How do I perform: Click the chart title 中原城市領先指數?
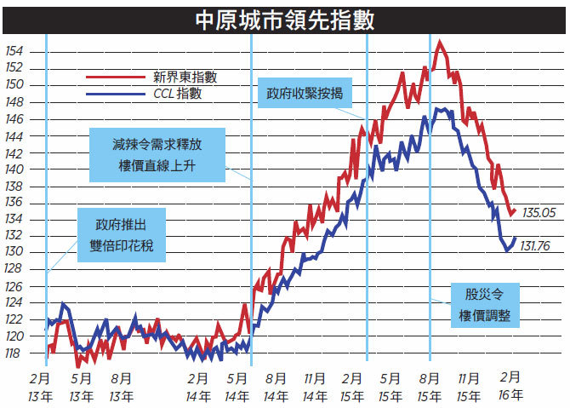(285, 20)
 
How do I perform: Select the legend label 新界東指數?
(185, 77)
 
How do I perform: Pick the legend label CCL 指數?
(178, 94)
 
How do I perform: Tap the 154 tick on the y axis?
(14, 51)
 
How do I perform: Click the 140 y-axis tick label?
(14, 170)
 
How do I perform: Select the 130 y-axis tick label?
(14, 251)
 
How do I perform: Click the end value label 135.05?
(539, 213)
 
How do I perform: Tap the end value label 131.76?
(535, 246)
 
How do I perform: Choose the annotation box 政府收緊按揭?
(305, 93)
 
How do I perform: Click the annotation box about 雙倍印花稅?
(122, 235)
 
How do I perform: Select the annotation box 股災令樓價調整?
(485, 305)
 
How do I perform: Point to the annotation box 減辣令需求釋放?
(157, 155)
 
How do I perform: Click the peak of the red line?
(440, 43)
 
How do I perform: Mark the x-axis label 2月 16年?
(510, 386)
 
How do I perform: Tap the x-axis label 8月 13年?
(122, 388)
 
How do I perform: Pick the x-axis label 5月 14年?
(237, 388)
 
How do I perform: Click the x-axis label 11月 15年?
(468, 388)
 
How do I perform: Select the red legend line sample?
(116, 77)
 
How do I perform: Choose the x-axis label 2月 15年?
(352, 388)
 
